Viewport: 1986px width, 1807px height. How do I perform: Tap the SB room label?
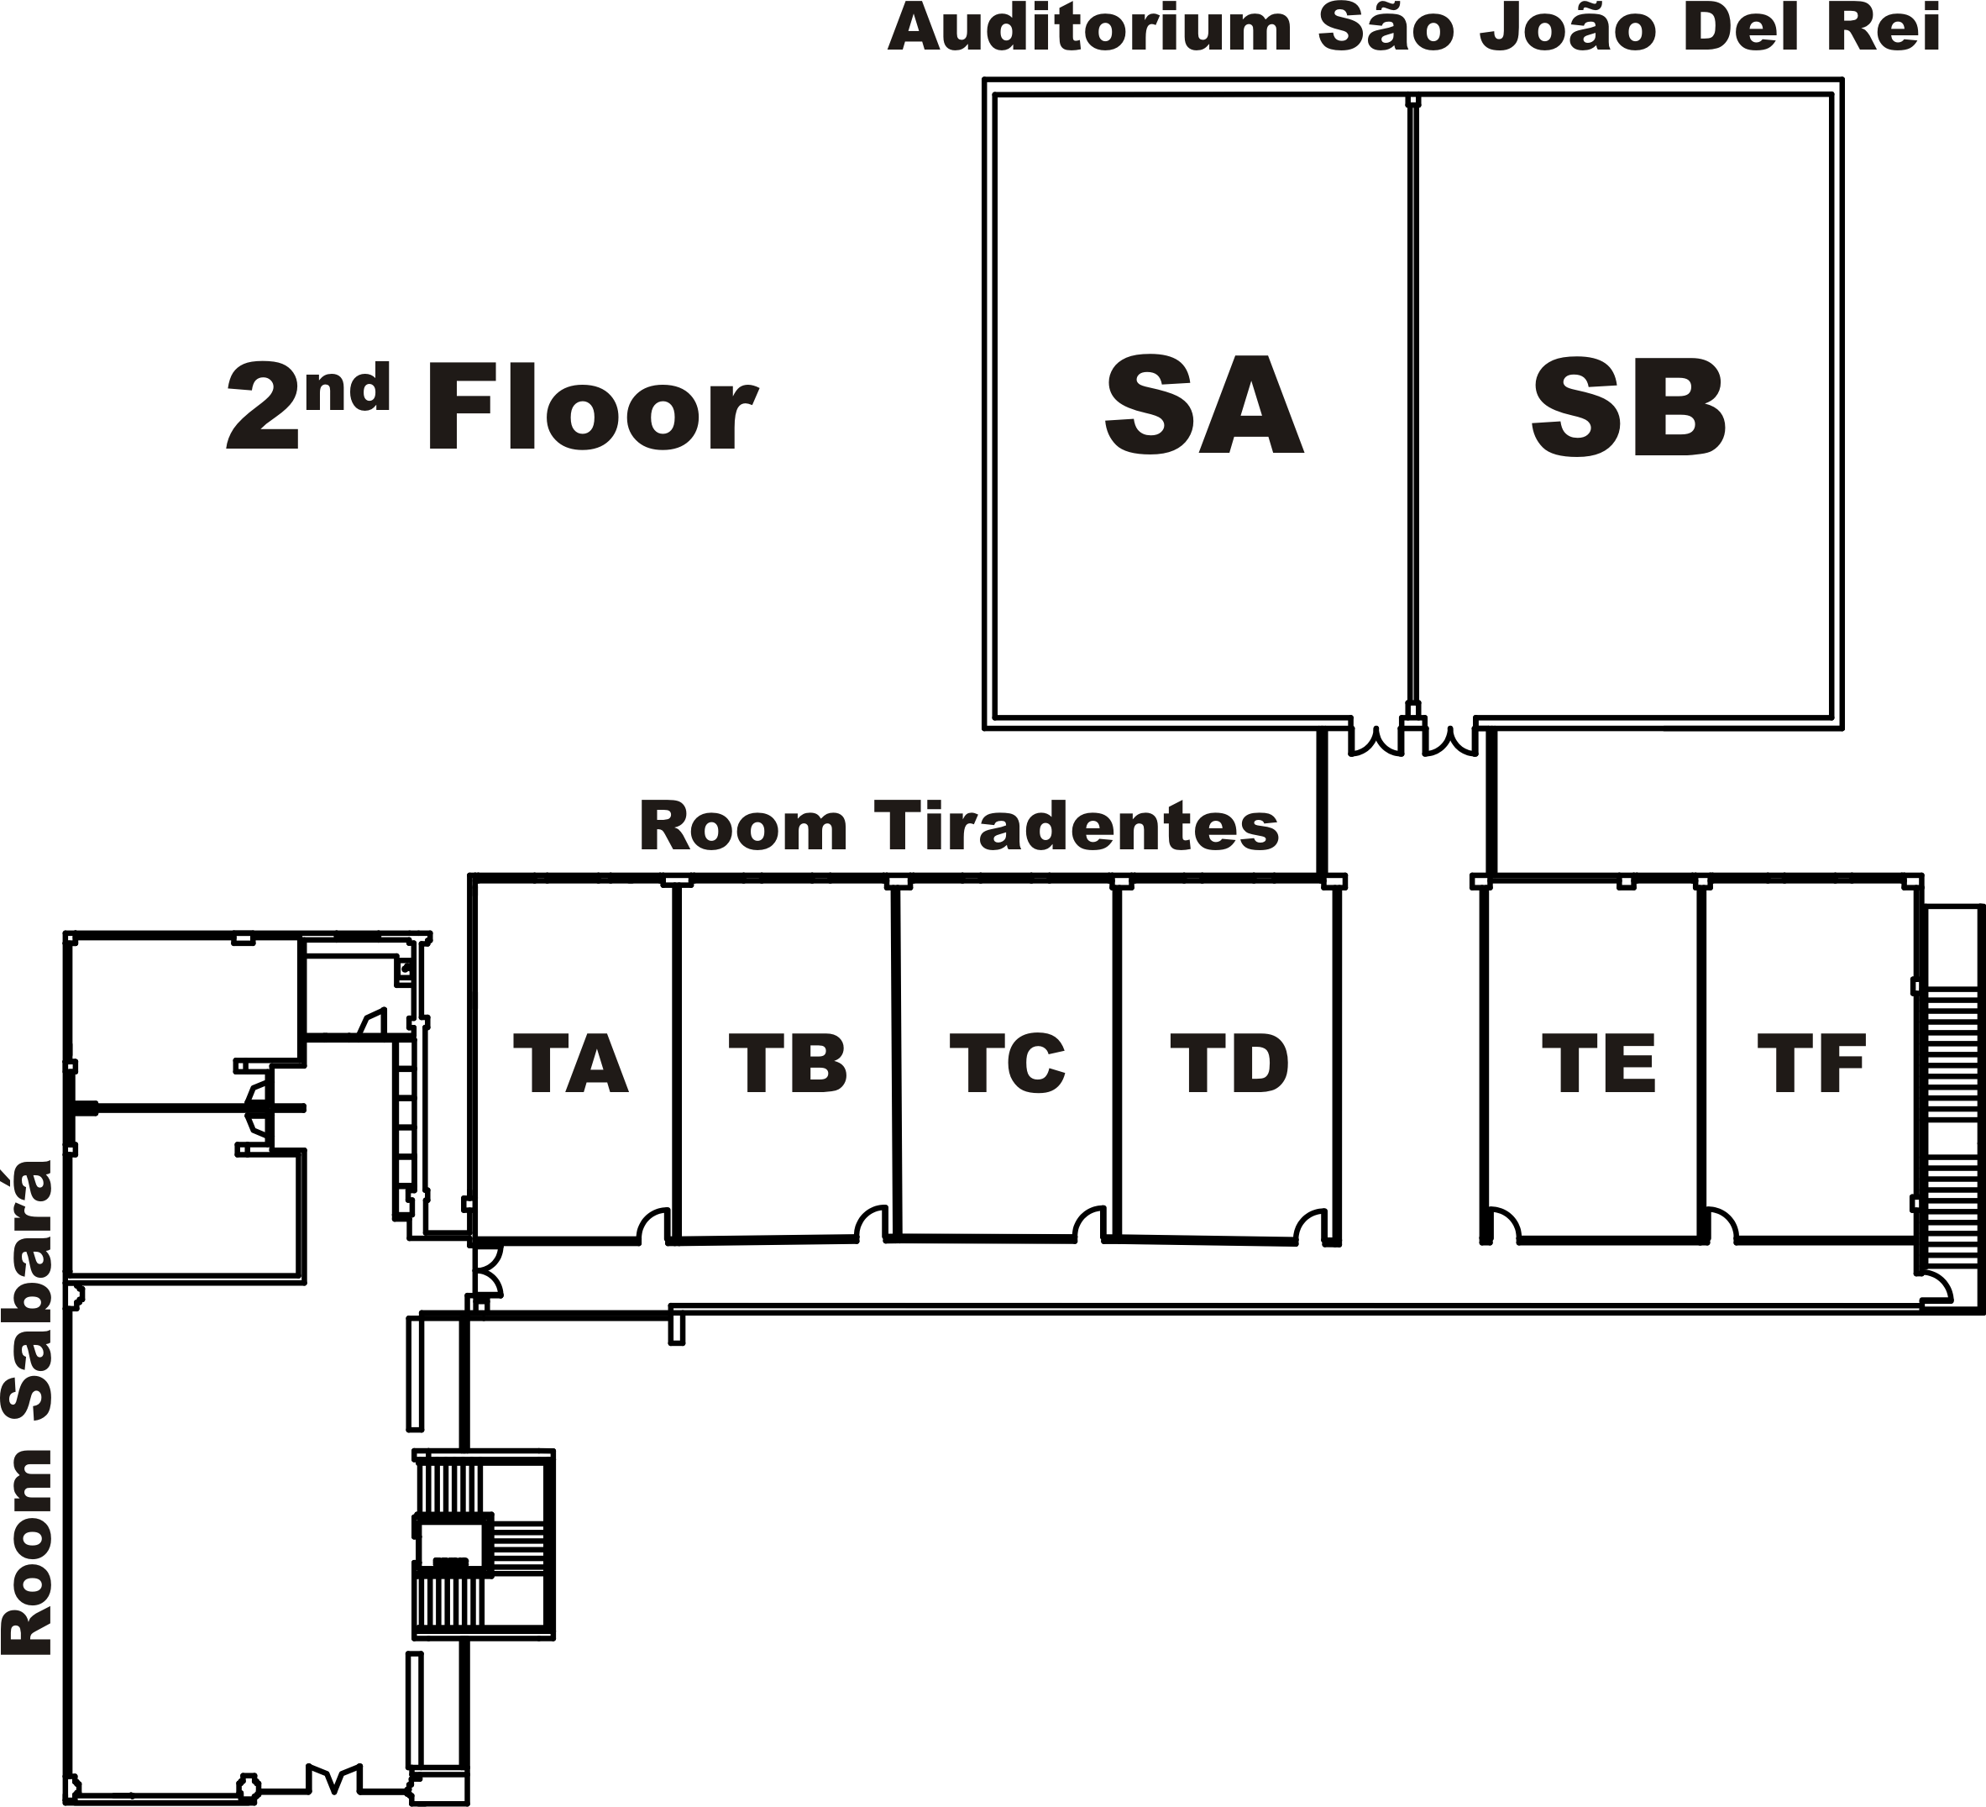click(1628, 408)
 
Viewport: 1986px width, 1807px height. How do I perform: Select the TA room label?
click(570, 1064)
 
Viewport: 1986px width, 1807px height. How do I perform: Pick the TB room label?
click(787, 1064)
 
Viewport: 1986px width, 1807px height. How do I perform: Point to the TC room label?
click(1007, 1064)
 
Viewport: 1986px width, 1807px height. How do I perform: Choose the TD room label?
click(1229, 1064)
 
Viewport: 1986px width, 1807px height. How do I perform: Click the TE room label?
click(1599, 1064)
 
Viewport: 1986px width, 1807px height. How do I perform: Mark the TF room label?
click(1811, 1064)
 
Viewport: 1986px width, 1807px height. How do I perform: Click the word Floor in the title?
click(591, 408)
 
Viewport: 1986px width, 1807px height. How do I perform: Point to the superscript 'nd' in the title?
click(347, 386)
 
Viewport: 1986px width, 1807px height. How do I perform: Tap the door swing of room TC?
click(1089, 1225)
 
